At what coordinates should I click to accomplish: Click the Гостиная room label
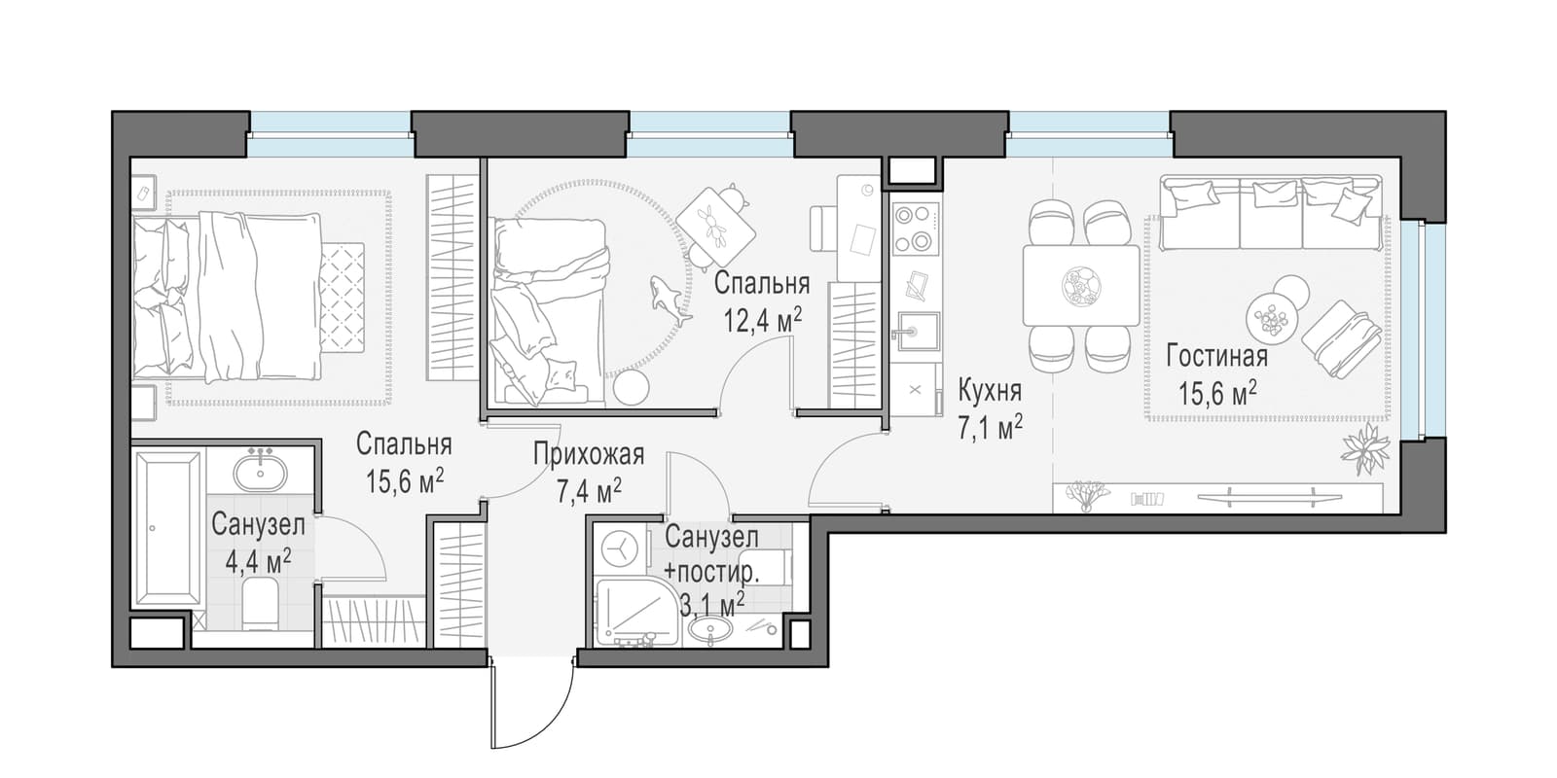pos(1217,357)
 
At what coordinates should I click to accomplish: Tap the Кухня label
pos(990,391)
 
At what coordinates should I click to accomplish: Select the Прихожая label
pos(589,454)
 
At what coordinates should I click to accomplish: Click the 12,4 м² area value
pos(763,320)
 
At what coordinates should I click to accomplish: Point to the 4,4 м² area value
pos(258,560)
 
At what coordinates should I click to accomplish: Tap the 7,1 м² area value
pos(990,428)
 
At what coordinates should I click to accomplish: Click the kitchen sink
pos(916,333)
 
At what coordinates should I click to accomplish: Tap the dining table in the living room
pos(1080,286)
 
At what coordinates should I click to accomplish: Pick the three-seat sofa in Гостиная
pos(1270,213)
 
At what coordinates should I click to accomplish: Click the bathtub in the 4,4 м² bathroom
pos(167,529)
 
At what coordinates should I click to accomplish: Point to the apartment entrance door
pos(531,705)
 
